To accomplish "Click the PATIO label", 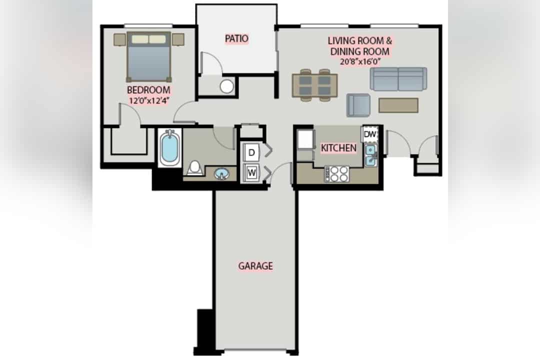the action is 236,38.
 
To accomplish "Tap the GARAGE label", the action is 255,265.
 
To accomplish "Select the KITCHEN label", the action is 338,148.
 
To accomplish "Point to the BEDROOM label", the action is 148,90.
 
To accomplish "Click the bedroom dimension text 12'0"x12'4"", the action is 149,100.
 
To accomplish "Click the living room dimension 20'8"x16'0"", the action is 360,61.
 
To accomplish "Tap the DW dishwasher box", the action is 369,134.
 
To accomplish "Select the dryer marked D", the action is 251,152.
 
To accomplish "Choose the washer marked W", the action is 251,172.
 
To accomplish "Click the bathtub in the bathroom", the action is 170,148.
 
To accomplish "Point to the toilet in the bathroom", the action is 195,168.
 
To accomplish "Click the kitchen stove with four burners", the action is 337,174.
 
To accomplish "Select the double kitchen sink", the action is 370,155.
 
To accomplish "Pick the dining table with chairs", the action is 315,85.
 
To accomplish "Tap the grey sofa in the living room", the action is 398,79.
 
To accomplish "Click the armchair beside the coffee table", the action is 358,105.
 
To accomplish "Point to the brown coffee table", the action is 398,105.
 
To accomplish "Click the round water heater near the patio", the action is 226,86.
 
